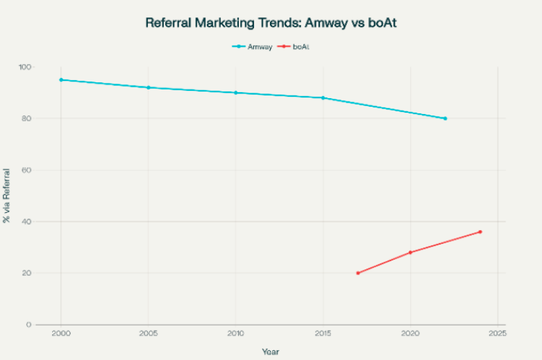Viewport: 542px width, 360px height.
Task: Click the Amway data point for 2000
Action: coord(61,80)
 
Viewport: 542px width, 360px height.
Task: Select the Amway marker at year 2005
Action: coord(149,88)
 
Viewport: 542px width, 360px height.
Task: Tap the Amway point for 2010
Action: coord(236,93)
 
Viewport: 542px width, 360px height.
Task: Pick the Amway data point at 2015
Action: coord(323,98)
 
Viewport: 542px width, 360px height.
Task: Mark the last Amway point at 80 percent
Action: coord(445,119)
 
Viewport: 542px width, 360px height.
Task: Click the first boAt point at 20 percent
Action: coord(358,273)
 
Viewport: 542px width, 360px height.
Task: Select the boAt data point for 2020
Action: coord(411,253)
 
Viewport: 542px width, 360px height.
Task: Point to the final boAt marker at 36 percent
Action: coord(480,232)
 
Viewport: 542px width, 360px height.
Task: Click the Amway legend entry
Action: coord(255,46)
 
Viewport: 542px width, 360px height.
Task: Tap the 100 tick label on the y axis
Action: coord(25,67)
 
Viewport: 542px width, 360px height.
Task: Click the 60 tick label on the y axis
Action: coord(27,170)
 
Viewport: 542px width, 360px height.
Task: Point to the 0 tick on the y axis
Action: coord(29,325)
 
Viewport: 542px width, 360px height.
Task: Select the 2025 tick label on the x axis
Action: coord(498,333)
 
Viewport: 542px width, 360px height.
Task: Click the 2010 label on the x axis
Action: coord(236,333)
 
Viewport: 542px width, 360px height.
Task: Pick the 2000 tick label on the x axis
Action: coord(61,333)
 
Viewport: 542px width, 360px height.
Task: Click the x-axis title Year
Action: coord(270,351)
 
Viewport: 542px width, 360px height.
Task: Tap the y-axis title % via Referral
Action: coord(7,196)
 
